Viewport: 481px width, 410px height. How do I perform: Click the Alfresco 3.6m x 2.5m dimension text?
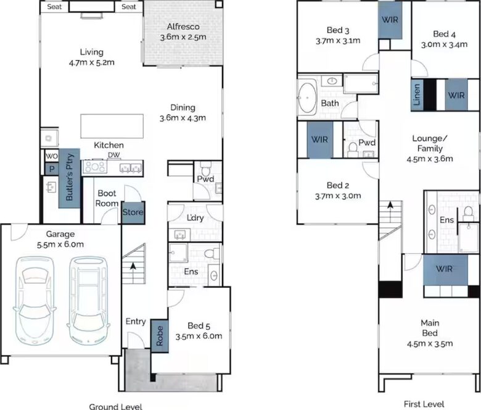click(183, 37)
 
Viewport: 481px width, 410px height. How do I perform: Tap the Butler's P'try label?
click(70, 177)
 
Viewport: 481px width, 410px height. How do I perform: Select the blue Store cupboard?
click(133, 212)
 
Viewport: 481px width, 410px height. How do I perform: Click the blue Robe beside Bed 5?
click(160, 336)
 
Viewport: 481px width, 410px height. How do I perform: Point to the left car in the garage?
click(35, 300)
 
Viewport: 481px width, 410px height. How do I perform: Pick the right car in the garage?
click(88, 300)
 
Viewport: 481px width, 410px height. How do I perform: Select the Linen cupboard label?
click(417, 95)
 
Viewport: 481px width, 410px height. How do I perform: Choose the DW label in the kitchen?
click(114, 156)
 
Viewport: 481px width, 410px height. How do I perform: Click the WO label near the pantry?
click(52, 156)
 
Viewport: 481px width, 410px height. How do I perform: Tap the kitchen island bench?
click(112, 126)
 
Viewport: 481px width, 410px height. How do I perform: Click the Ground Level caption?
click(116, 406)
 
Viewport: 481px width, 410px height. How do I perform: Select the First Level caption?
click(424, 404)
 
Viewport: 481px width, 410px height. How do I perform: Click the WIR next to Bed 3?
click(390, 20)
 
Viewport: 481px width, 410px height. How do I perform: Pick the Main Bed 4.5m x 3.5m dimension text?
click(430, 344)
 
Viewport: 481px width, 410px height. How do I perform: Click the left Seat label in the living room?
click(55, 6)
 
